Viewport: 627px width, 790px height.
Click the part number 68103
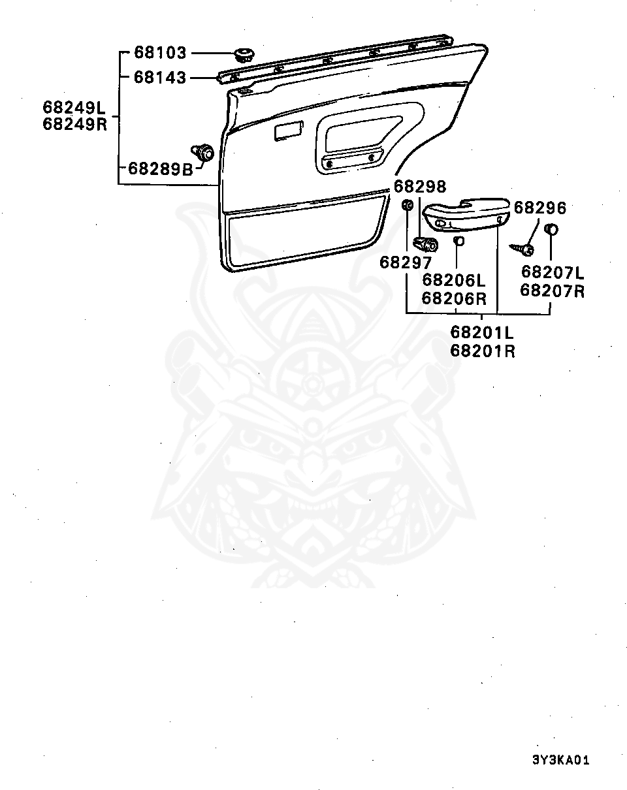click(x=161, y=52)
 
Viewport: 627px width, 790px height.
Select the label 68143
click(x=161, y=77)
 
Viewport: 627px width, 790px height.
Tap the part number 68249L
click(x=74, y=107)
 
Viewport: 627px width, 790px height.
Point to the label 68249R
click(x=74, y=124)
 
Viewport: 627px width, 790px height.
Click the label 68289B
click(x=161, y=168)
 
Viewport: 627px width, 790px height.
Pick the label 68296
click(x=539, y=208)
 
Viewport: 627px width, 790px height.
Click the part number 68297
click(x=406, y=262)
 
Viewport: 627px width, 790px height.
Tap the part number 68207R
click(x=552, y=291)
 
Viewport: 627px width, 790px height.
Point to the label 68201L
click(x=482, y=333)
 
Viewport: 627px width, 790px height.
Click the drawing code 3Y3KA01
click(x=561, y=760)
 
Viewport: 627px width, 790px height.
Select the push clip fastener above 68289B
click(x=204, y=152)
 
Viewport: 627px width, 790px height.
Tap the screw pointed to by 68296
click(x=524, y=248)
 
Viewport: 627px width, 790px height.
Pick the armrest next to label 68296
click(x=466, y=215)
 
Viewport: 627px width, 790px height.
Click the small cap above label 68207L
click(x=551, y=230)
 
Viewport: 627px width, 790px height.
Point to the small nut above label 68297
click(x=406, y=206)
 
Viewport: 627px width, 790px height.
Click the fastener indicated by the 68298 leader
click(x=428, y=245)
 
